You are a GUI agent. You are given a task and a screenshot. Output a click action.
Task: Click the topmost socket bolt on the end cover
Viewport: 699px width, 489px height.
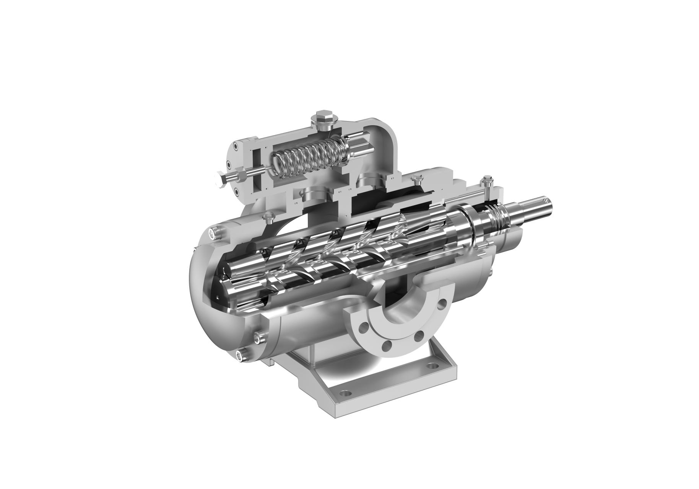(213, 233)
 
